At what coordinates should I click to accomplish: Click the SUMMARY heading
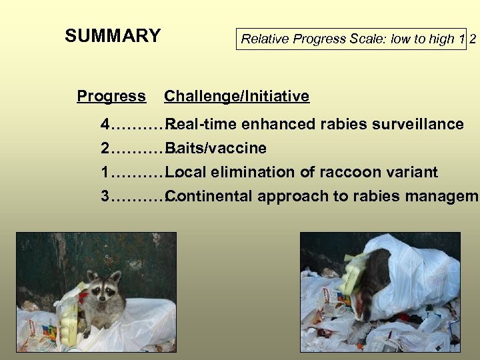pyautogui.click(x=113, y=36)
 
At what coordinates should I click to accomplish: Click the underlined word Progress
pyautogui.click(x=111, y=97)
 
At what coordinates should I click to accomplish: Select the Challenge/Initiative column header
pyautogui.click(x=237, y=97)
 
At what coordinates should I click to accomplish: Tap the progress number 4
pyautogui.click(x=105, y=125)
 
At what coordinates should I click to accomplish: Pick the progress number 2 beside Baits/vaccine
pyautogui.click(x=105, y=149)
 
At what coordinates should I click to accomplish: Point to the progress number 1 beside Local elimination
pyautogui.click(x=105, y=173)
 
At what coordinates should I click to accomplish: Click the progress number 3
pyautogui.click(x=105, y=197)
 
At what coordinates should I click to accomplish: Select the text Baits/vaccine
pyautogui.click(x=217, y=149)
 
